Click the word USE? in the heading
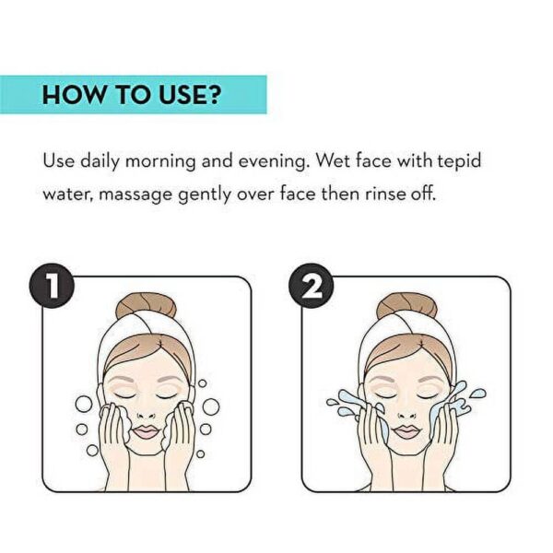coord(190,94)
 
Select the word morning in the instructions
coord(160,162)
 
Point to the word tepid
coord(460,161)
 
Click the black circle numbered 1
coord(52,286)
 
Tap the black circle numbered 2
coord(312,286)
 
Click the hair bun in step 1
coord(146,306)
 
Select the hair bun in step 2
coord(407,306)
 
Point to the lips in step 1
coord(147,431)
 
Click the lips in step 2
coord(406,431)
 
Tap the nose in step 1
coord(147,413)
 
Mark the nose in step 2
coord(406,413)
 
